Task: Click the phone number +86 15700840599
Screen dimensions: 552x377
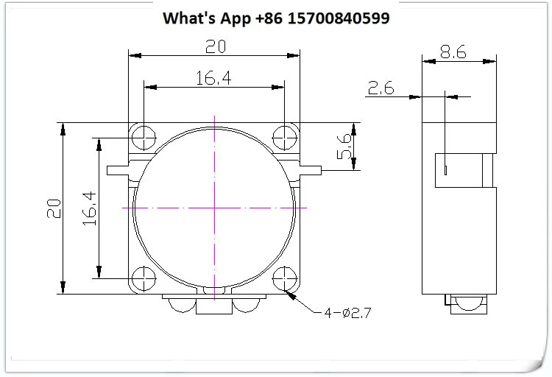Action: (x=322, y=18)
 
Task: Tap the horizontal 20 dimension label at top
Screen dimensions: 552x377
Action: (x=216, y=46)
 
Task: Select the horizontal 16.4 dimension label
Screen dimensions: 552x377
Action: (x=213, y=78)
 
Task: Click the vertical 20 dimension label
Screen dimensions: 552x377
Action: (x=54, y=208)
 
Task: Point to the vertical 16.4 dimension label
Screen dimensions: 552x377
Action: (x=89, y=208)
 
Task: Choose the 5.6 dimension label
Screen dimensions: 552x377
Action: (x=344, y=146)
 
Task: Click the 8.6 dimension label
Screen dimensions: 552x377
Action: (x=453, y=52)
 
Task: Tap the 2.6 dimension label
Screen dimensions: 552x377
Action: (x=381, y=88)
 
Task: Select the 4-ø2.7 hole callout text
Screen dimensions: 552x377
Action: (x=347, y=312)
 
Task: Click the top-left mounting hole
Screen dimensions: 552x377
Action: (x=144, y=138)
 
